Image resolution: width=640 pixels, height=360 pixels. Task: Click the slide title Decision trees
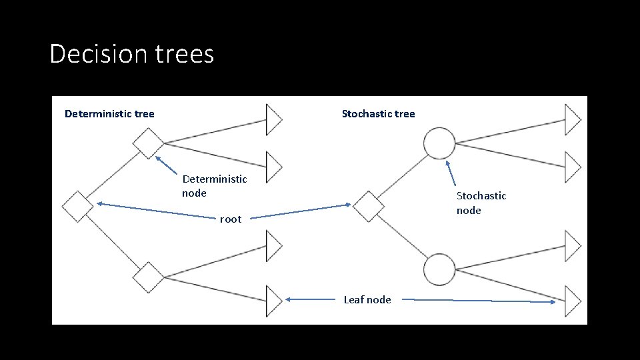132,54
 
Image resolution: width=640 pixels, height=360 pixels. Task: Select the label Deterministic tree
109,114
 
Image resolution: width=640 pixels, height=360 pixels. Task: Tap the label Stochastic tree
378,114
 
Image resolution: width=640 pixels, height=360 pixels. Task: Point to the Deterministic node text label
214,186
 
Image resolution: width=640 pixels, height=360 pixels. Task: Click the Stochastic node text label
481,203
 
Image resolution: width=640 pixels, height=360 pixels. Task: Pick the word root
231,219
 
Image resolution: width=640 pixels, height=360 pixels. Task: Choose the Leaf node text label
367,300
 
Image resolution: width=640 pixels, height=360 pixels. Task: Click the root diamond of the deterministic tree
78,206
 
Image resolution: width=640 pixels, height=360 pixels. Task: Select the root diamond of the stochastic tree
368,206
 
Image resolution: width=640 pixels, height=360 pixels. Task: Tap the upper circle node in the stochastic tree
439,143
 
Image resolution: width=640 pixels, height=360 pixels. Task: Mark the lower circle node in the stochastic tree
439,269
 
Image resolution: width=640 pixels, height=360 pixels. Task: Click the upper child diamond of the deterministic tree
148,143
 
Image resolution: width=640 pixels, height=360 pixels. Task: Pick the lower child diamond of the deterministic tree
148,277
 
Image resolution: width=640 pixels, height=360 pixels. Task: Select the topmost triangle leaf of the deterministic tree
273,120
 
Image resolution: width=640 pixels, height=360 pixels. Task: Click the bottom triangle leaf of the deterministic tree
273,301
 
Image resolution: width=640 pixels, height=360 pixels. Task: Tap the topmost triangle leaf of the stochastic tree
572,120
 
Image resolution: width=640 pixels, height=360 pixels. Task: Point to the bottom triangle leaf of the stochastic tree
572,301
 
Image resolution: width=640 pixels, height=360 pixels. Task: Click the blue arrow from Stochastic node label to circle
451,173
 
